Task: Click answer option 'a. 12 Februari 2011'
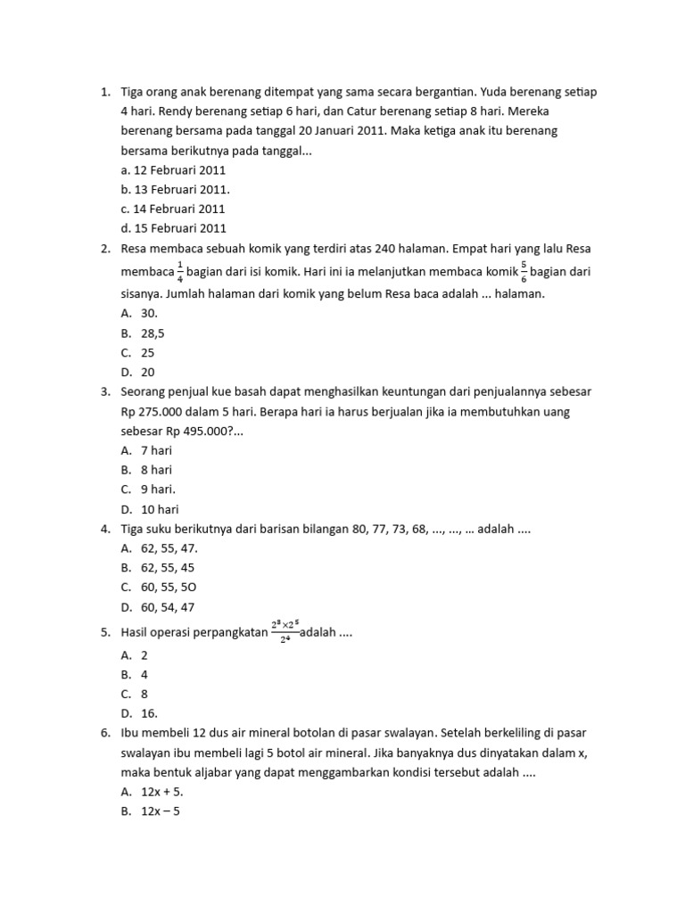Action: tap(173, 169)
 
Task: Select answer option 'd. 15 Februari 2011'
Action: tap(173, 228)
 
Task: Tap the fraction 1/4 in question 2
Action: tap(180, 271)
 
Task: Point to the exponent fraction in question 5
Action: tap(285, 631)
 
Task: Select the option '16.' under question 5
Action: tap(150, 712)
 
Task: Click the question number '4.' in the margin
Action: tap(104, 529)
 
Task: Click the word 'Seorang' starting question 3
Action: tap(142, 391)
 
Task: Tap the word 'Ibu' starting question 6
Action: tap(129, 732)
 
